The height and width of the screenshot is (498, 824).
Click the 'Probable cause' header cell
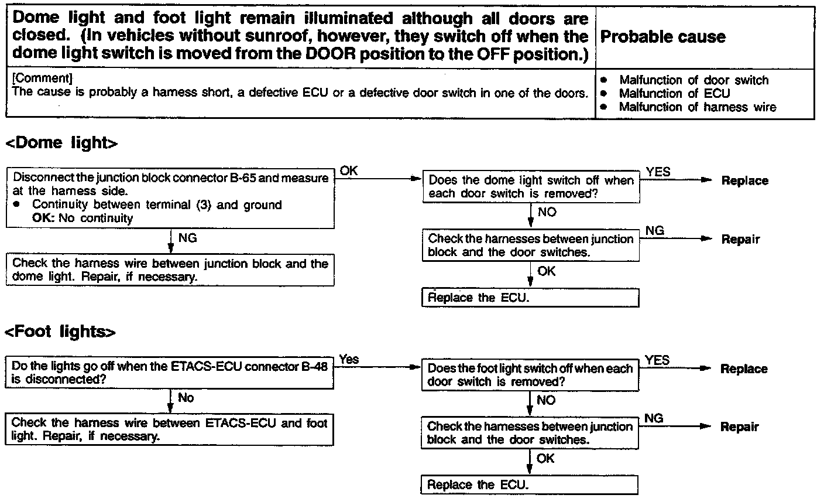(663, 37)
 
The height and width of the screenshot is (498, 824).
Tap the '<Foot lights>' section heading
(60, 332)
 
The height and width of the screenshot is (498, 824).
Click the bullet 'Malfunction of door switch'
(693, 80)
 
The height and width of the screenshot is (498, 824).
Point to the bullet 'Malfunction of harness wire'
(698, 107)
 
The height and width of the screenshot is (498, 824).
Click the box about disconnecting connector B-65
(170, 198)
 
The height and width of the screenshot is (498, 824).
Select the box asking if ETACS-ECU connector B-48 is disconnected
(170, 373)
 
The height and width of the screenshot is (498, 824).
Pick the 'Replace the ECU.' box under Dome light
(530, 298)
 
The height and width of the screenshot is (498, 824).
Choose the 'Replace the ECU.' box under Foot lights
(529, 485)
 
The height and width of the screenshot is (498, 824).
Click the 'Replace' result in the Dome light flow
(744, 181)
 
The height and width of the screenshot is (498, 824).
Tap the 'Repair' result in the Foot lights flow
(739, 427)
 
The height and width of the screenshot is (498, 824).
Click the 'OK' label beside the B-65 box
(349, 171)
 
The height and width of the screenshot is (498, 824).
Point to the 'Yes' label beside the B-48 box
(349, 359)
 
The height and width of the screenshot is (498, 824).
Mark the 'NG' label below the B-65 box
(187, 238)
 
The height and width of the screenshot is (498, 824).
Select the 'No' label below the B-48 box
(186, 398)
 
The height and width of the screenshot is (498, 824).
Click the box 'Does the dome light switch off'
(531, 187)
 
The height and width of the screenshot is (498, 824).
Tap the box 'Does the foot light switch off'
(530, 375)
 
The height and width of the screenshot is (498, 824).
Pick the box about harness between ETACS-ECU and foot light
(170, 429)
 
